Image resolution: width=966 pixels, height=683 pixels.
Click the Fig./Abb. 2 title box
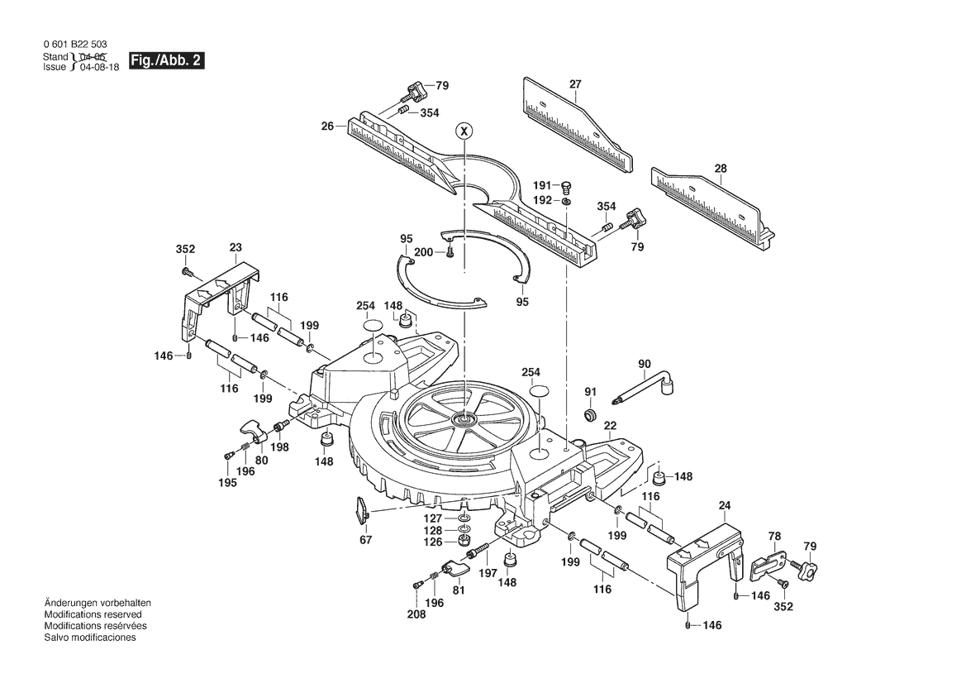(166, 60)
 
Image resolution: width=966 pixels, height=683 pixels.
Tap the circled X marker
(464, 131)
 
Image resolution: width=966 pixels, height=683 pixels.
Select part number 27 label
(575, 84)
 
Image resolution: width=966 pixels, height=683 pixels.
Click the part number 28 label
(721, 169)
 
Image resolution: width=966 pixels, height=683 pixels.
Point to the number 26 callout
(327, 127)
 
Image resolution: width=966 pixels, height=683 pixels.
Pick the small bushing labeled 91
(591, 413)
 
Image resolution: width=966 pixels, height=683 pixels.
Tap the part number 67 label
(365, 540)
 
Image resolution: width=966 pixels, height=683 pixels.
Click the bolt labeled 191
(568, 186)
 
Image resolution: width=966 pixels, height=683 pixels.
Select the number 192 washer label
(542, 200)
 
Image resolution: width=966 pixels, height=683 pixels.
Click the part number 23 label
(236, 248)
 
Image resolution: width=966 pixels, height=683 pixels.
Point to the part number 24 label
(725, 505)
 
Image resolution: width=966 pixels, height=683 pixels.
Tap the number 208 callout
(416, 614)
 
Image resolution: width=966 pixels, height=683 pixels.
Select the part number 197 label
(488, 573)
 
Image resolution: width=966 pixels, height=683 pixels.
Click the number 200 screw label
(423, 252)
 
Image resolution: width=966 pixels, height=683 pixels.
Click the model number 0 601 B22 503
(75, 45)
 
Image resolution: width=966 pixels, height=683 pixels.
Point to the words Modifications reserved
(93, 614)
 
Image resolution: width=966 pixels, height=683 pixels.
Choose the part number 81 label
(459, 590)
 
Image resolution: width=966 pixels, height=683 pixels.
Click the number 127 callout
(432, 518)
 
